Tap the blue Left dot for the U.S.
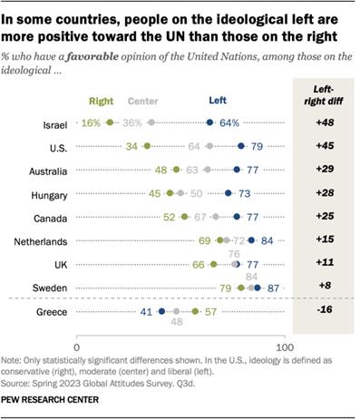241,145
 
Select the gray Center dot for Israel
151,122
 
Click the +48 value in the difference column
323,122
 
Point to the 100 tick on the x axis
285,347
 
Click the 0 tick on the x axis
78,347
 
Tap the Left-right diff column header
323,97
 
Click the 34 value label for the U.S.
131,145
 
